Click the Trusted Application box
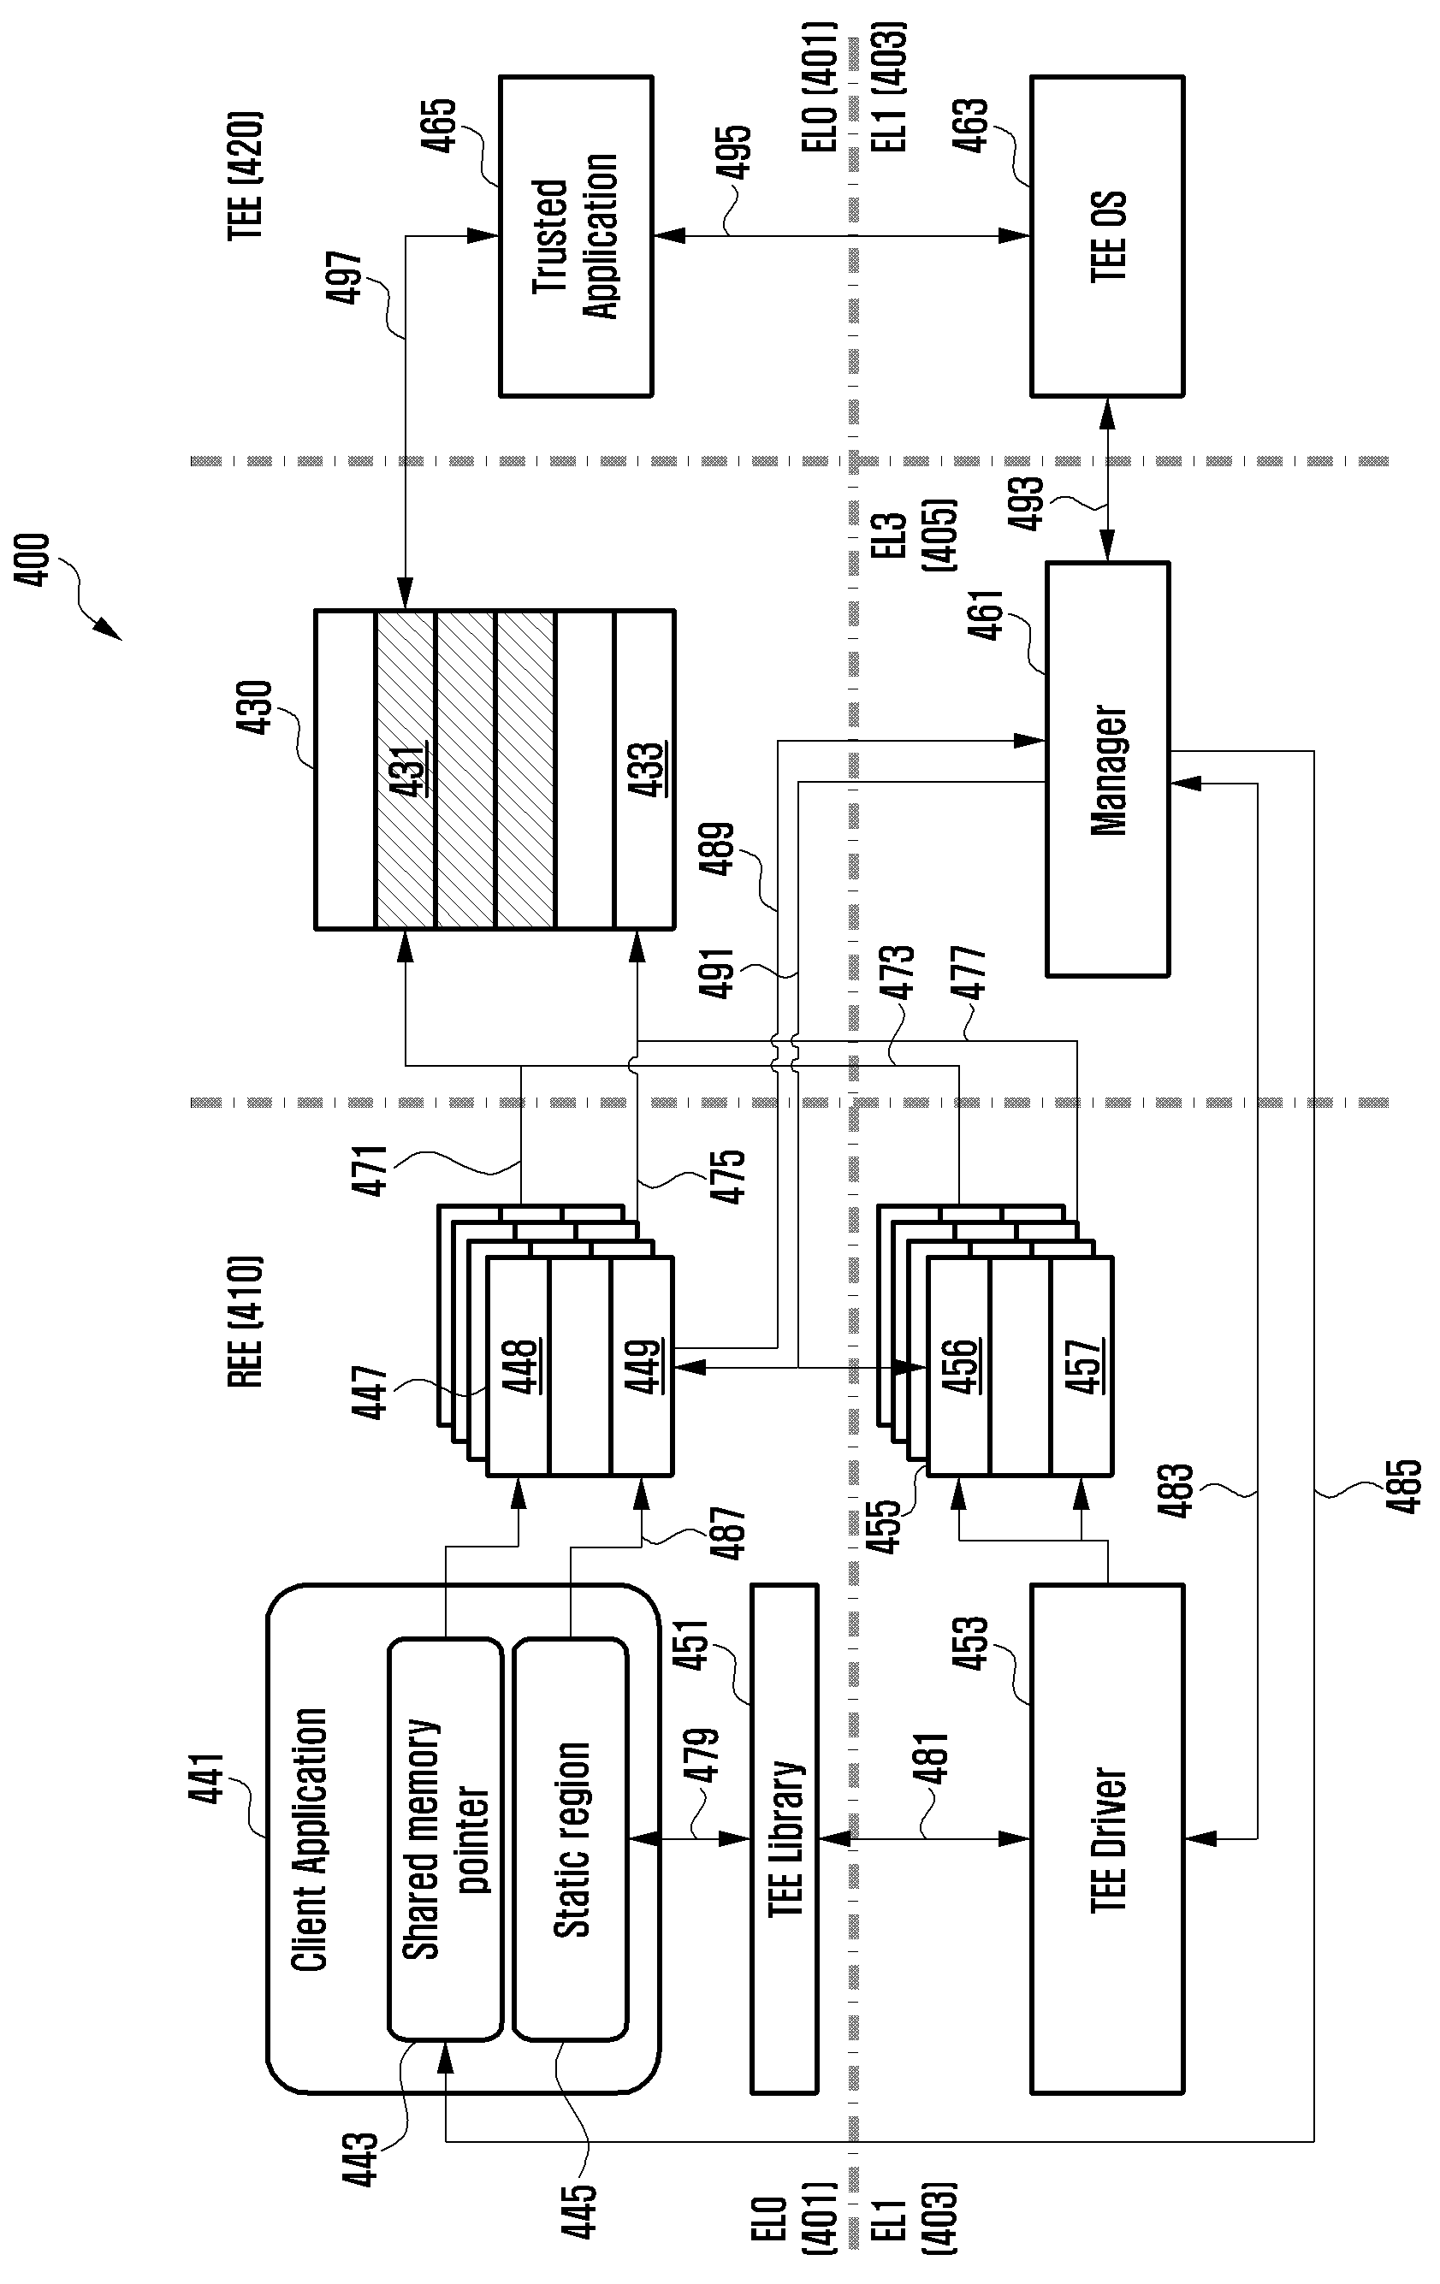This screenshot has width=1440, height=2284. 576,236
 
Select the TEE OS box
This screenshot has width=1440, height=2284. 1107,236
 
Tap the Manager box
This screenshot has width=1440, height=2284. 1107,769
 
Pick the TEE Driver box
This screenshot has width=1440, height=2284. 1107,1838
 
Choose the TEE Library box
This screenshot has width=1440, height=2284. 784,1838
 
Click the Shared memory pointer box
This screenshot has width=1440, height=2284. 445,1839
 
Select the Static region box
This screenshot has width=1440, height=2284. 570,1839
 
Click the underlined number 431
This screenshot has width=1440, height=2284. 406,769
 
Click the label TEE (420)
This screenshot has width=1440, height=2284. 245,176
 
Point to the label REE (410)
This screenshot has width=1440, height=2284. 245,1322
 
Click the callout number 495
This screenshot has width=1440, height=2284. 732,151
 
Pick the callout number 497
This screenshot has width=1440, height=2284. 343,277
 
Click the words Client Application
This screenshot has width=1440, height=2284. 308,1838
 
